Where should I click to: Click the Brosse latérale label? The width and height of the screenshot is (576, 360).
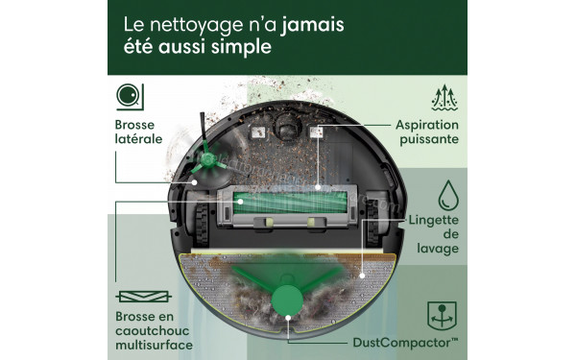click(138, 132)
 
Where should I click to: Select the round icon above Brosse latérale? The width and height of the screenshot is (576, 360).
click(129, 96)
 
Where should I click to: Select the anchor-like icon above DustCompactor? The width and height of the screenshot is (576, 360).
click(442, 313)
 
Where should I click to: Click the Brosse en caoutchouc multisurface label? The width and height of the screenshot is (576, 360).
click(155, 328)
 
